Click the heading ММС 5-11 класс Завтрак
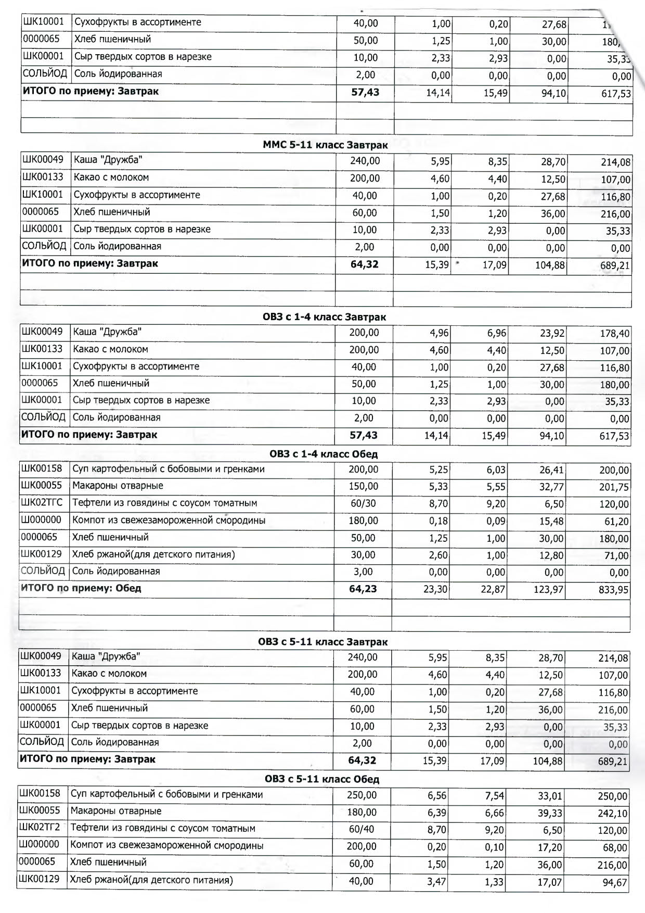pyautogui.click(x=325, y=145)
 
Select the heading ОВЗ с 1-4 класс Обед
pyautogui.click(x=323, y=454)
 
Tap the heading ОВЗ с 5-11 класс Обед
pyautogui.click(x=321, y=779)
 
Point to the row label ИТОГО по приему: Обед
pyautogui.click(x=81, y=588)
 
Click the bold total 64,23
pyautogui.click(x=363, y=589)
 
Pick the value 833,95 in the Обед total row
pyautogui.click(x=614, y=590)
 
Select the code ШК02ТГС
pyautogui.click(x=42, y=503)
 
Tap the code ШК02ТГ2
pyautogui.click(x=40, y=828)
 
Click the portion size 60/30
pyautogui.click(x=363, y=503)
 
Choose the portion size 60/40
pyautogui.click(x=362, y=829)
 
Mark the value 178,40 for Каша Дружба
pyautogui.click(x=615, y=334)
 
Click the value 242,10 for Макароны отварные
pyautogui.click(x=613, y=814)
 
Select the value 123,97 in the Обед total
pyautogui.click(x=548, y=590)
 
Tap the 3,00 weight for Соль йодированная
pyautogui.click(x=363, y=572)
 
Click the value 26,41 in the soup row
pyautogui.click(x=551, y=470)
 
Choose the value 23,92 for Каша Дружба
pyautogui.click(x=552, y=334)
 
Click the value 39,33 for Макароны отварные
pyautogui.click(x=550, y=813)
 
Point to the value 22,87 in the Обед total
pyautogui.click(x=493, y=590)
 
